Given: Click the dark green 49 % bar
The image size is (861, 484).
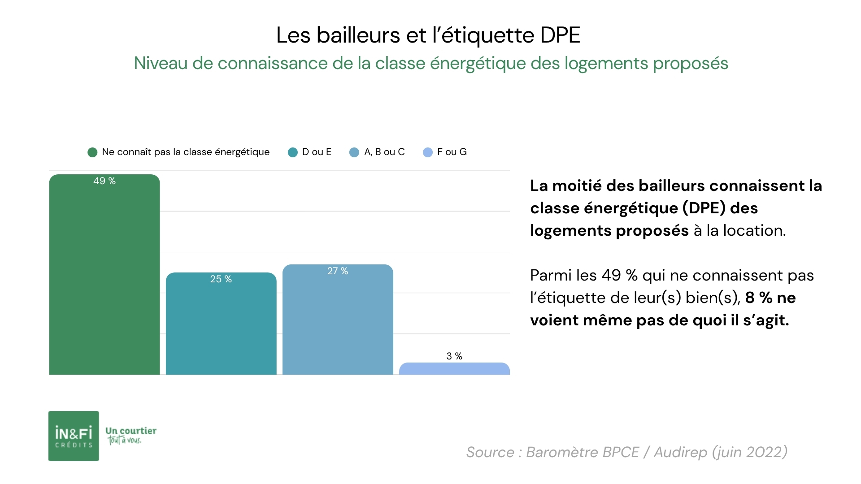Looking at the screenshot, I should point(104,278).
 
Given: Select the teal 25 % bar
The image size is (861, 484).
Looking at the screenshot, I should point(221,327).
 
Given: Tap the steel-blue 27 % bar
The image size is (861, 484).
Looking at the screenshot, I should point(337,323).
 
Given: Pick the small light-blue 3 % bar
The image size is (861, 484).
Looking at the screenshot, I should point(454,369).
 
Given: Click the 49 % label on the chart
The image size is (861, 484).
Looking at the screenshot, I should point(104,181).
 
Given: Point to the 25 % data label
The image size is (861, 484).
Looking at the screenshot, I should point(221,279).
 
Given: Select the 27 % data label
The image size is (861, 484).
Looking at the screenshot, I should point(337,271).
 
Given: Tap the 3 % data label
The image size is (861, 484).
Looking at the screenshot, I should point(454,356).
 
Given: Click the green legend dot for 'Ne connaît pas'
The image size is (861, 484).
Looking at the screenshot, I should point(92,152).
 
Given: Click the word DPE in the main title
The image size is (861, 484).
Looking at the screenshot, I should point(560,35).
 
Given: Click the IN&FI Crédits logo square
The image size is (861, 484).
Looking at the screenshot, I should point(74,436).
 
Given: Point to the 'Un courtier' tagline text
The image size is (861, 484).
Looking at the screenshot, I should point(131,431).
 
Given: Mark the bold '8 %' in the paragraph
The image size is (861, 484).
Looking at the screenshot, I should point(758,298).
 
